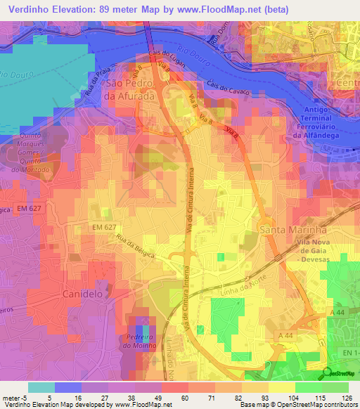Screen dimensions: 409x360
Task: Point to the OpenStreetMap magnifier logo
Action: pos(328,372)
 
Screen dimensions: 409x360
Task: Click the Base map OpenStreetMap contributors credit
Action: pos(297,405)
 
